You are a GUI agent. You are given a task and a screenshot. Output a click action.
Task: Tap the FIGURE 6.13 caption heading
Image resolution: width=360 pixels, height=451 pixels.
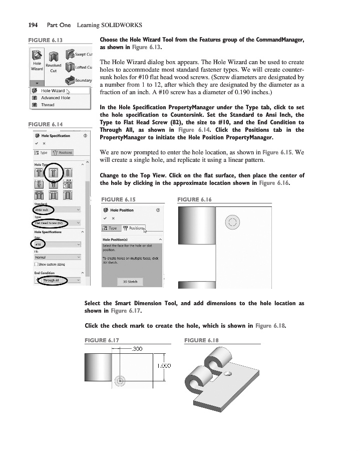45,40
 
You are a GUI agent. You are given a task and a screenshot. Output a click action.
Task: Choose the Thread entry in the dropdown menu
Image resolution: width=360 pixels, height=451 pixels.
48,105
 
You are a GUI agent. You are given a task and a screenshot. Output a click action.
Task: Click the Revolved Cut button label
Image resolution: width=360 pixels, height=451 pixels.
53,68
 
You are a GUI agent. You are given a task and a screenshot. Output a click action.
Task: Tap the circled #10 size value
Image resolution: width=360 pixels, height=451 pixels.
39,244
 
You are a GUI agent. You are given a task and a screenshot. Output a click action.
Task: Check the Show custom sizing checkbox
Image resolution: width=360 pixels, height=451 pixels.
36,264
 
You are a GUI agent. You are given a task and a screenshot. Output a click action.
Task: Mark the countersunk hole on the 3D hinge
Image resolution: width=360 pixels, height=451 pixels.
228,374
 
